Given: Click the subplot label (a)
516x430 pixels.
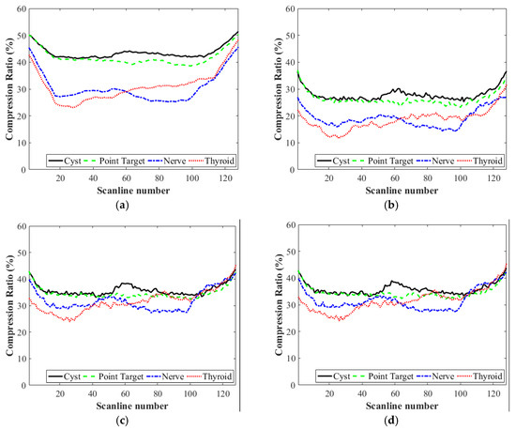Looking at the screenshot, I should click(x=132, y=204).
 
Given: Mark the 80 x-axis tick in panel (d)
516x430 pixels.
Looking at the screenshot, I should click(x=427, y=393).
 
